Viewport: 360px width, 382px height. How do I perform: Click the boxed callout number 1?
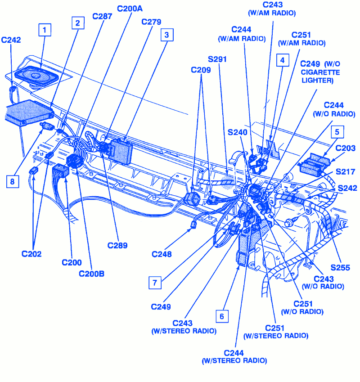pyautogui.click(x=45, y=30)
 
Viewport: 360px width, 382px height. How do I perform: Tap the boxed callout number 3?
pyautogui.click(x=167, y=35)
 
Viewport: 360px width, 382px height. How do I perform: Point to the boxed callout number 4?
pyautogui.click(x=282, y=60)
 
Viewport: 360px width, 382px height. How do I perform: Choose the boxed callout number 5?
pyautogui.click(x=337, y=132)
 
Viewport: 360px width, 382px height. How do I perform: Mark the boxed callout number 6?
pyautogui.click(x=221, y=316)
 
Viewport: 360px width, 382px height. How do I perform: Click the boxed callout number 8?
pyautogui.click(x=13, y=181)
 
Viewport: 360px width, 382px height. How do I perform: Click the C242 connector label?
pyautogui.click(x=11, y=40)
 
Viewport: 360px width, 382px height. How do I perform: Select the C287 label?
pyautogui.click(x=103, y=16)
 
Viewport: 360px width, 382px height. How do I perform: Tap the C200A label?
pyautogui.click(x=130, y=9)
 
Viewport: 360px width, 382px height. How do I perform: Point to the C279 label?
pyautogui.click(x=151, y=22)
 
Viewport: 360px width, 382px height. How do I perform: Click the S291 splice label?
pyautogui.click(x=218, y=59)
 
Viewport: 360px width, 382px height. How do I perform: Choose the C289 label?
pyautogui.click(x=117, y=245)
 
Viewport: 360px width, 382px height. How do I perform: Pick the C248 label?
pyautogui.click(x=162, y=254)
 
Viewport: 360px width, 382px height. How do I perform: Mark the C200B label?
pyautogui.click(x=91, y=273)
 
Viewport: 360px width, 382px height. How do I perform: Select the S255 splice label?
pyautogui.click(x=340, y=267)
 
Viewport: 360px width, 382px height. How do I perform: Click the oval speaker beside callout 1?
pyautogui.click(x=36, y=75)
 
